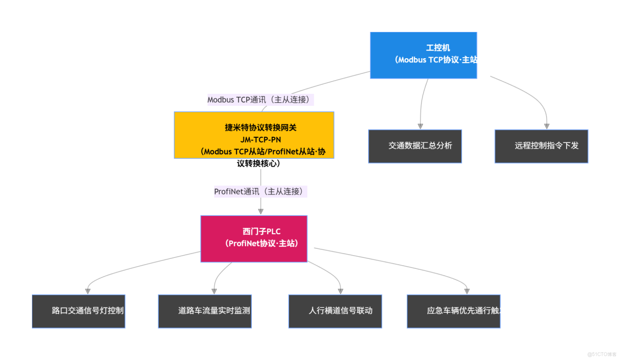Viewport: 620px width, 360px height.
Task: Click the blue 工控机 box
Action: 423,55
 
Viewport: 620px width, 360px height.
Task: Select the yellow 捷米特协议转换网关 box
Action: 254,135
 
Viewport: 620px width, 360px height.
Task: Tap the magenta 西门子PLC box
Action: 254,238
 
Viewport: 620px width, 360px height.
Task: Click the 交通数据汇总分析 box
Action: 415,146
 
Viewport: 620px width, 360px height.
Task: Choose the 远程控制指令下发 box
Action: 541,146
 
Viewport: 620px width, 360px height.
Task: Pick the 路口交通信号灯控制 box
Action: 79,311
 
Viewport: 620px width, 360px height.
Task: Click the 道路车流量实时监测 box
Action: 205,311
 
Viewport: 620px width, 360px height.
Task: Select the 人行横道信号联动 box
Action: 335,311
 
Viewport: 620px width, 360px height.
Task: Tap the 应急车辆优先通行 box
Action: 453,311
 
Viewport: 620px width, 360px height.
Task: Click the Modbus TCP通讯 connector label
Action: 260,100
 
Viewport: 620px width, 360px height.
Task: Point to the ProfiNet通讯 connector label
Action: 260,192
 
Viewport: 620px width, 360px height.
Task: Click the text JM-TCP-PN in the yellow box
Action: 261,139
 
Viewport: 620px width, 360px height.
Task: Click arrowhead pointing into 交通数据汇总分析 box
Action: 420,126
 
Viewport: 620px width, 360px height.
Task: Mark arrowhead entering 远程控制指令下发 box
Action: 547,126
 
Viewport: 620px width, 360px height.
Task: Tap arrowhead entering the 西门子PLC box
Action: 261,212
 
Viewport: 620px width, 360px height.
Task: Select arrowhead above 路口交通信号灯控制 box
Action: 88,291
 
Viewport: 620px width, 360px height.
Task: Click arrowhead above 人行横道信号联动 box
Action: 341,291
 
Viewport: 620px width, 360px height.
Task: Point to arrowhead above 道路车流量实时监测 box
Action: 214,291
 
